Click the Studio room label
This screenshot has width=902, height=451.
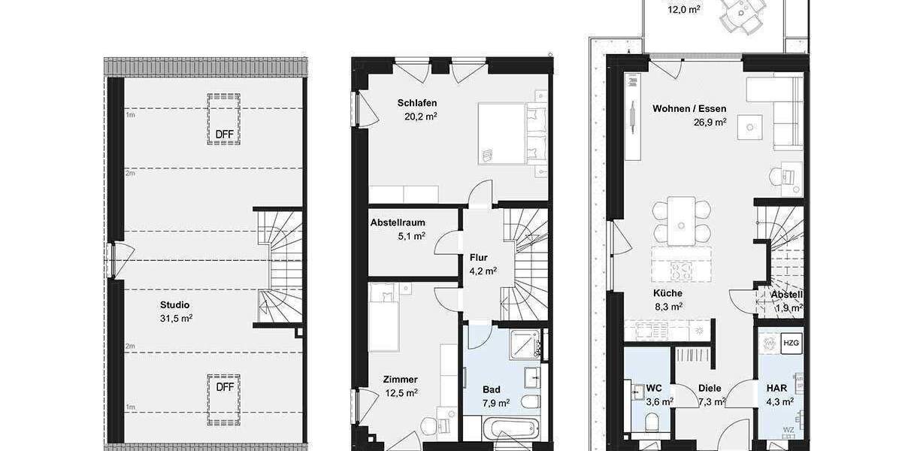[175, 304]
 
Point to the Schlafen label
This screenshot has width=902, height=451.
[418, 103]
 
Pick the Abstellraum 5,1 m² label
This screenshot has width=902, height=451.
[398, 222]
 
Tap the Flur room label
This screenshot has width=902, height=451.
[479, 257]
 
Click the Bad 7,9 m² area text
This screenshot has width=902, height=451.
[496, 403]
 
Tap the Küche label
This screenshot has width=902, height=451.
[667, 293]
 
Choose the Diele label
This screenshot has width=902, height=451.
[710, 389]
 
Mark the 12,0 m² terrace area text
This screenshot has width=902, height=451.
[684, 10]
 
